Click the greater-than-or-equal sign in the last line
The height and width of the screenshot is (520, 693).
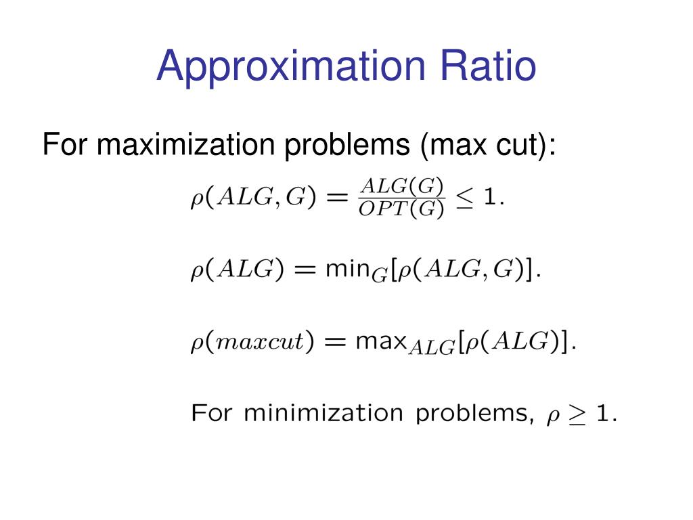click(577, 414)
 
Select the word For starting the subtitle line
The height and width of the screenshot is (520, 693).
click(66, 145)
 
